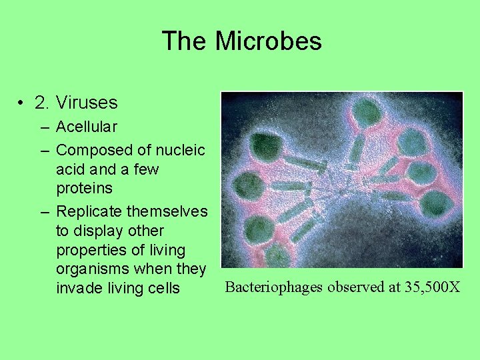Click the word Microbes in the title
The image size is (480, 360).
coord(268,41)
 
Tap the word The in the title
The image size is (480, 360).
coord(185,41)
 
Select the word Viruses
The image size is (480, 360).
coord(87,103)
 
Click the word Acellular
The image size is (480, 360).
coord(87,127)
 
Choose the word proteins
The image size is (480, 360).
coord(84,188)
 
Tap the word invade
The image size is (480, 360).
coord(77,288)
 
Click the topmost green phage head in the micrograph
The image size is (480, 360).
coord(367,110)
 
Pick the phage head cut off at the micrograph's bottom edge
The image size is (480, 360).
coord(279,257)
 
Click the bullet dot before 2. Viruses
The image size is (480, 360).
coord(23,103)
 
